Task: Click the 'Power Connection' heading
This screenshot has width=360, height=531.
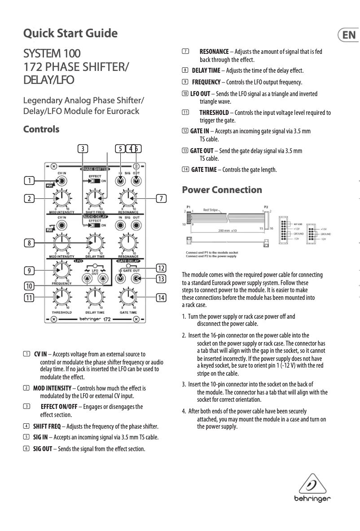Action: (222, 190)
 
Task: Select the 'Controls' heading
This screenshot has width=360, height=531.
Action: (41, 129)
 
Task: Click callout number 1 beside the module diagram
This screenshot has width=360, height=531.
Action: (30, 181)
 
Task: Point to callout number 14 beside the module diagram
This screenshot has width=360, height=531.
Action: (161, 297)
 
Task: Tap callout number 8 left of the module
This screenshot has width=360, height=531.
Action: (30, 243)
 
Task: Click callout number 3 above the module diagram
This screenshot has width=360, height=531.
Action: (82, 148)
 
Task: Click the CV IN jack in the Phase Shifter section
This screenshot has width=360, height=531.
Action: (62, 181)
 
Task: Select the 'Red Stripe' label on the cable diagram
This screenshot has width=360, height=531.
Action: (211, 209)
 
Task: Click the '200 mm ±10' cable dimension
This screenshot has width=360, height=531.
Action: (230, 231)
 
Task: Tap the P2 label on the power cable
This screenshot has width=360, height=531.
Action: (266, 207)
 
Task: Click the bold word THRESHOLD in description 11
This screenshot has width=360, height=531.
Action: (214, 113)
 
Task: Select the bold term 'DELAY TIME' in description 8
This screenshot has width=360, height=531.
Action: (206, 71)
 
